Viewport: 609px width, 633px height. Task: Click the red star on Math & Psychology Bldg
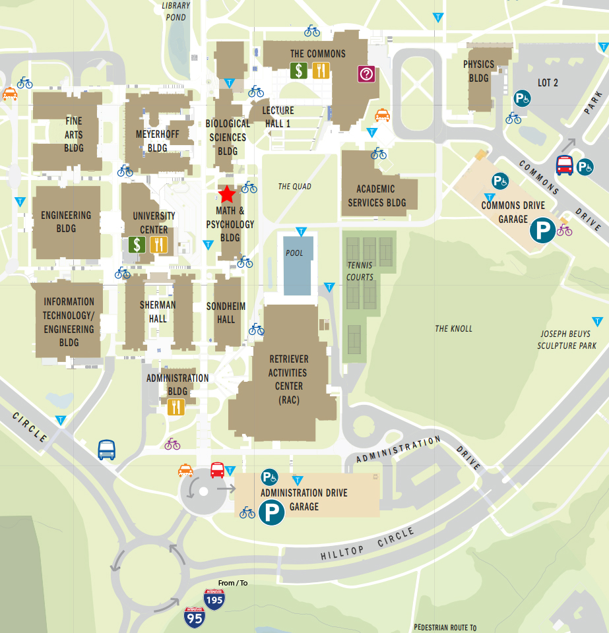(226, 194)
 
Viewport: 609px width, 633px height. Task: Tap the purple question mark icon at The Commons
(366, 74)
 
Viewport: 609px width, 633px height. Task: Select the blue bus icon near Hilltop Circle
(107, 450)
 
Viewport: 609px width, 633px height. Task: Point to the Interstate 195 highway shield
(214, 599)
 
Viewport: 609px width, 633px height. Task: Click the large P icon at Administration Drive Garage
(271, 512)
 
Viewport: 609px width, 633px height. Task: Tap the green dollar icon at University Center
(137, 245)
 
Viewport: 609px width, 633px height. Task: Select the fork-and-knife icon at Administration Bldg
(176, 407)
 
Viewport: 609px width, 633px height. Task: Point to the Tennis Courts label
(360, 271)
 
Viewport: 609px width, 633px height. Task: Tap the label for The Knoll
(454, 328)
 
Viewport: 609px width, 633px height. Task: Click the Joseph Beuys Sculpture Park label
(567, 340)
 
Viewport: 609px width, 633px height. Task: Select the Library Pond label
(176, 11)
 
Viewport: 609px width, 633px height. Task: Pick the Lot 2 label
(548, 82)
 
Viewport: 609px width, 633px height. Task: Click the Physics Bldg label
(479, 71)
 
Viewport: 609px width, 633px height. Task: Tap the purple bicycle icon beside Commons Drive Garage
(565, 230)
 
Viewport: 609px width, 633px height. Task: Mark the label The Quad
(294, 187)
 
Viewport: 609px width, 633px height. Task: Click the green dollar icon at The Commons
(299, 71)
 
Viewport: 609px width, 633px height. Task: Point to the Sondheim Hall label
(226, 313)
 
